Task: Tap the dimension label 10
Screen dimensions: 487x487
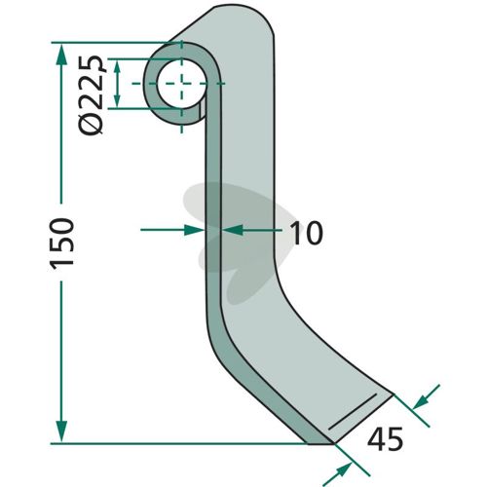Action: coord(306,233)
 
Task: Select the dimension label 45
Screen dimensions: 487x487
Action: coord(385,438)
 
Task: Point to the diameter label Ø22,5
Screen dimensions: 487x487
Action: coord(92,94)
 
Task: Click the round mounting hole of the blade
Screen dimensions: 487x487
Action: coord(182,84)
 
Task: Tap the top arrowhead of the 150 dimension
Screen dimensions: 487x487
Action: coord(61,55)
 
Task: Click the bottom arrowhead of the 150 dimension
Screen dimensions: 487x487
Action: coord(61,431)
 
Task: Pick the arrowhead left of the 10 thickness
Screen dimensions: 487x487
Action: coord(194,230)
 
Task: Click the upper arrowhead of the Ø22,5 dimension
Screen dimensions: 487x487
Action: coord(118,67)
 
